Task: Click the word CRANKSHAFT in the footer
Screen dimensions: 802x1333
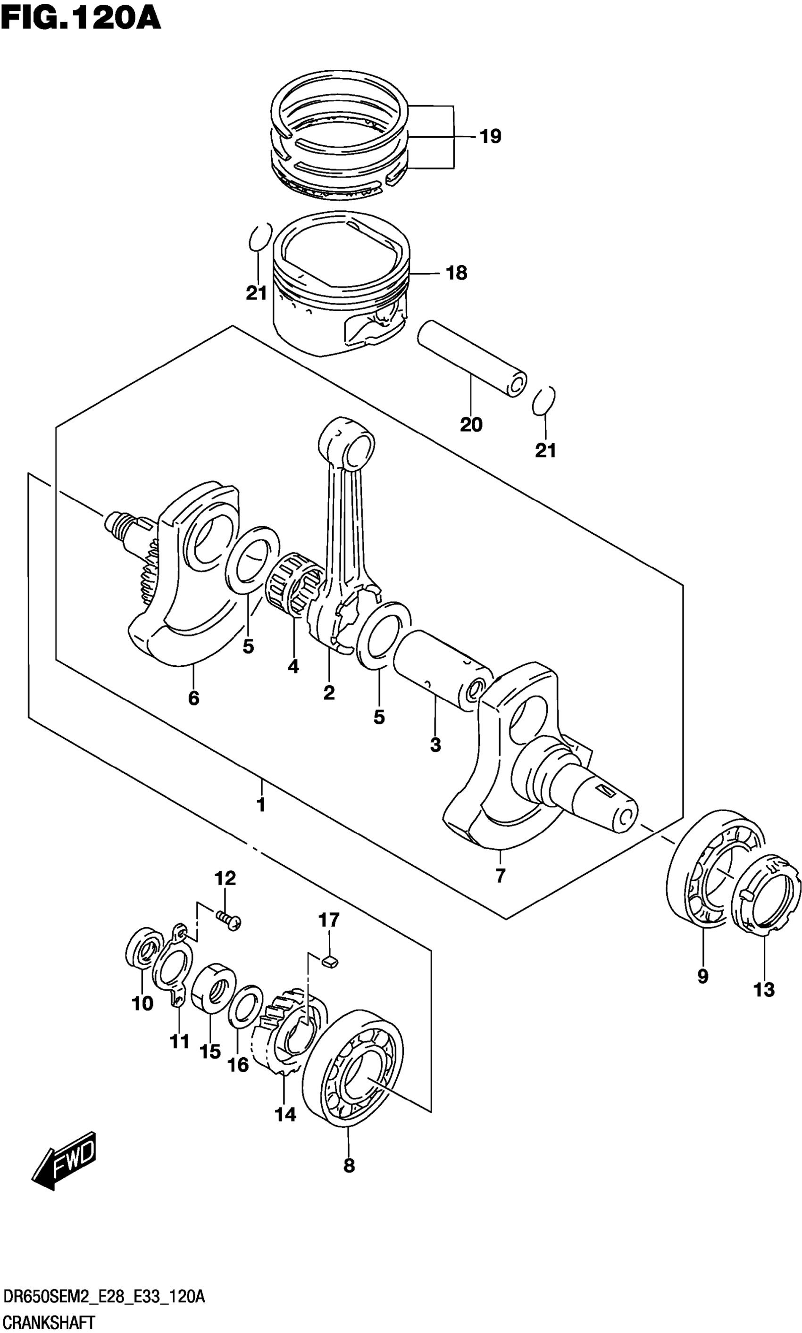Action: click(49, 1318)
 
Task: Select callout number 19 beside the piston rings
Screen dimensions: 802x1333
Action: click(491, 136)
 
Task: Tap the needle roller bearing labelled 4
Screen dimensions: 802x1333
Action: click(294, 583)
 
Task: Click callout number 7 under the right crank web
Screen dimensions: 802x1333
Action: click(500, 876)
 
